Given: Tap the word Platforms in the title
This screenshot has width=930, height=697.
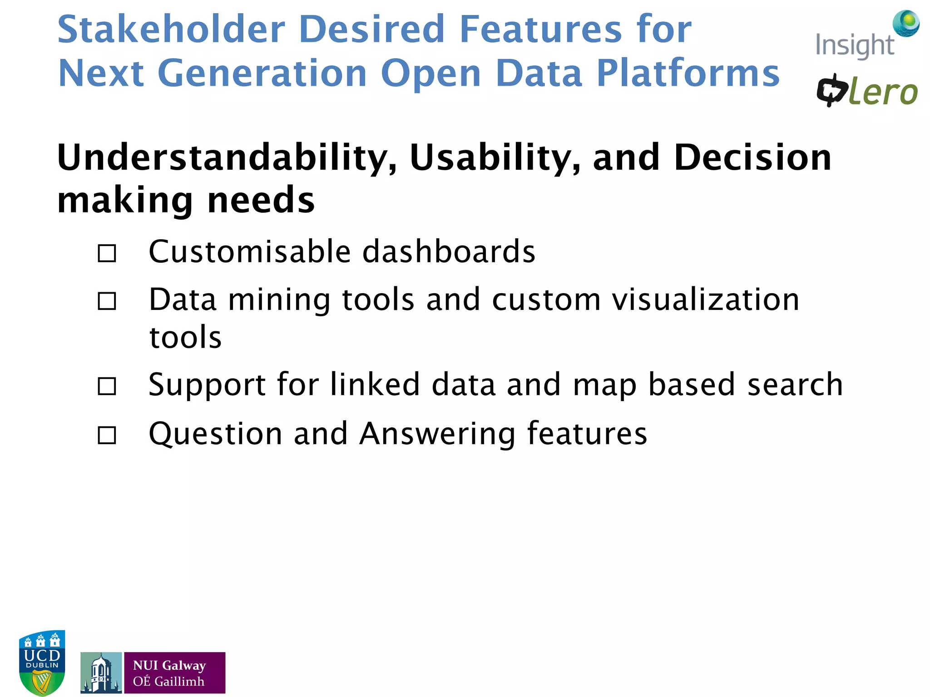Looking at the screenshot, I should (688, 73).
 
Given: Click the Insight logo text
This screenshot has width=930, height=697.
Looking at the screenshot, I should (854, 46).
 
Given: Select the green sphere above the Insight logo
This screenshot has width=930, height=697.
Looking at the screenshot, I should (906, 23).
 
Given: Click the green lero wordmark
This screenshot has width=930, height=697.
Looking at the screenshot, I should (883, 93).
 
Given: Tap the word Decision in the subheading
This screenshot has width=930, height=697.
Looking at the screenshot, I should (752, 157).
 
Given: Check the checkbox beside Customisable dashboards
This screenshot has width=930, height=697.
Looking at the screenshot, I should (107, 254).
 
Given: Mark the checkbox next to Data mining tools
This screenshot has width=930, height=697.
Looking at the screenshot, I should (107, 301).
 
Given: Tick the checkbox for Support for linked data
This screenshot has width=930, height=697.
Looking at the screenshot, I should (107, 387).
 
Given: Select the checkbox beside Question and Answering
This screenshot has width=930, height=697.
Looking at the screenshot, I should (107, 435).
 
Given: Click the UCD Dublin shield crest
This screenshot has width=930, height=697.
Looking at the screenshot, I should (42, 663).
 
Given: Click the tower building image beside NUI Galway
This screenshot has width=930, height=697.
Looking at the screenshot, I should (101, 673).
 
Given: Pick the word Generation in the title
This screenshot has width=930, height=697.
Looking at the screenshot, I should (262, 73).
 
